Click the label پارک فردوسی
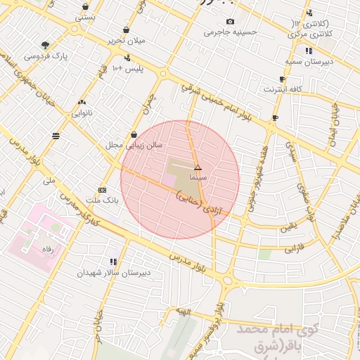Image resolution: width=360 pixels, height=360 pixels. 41,55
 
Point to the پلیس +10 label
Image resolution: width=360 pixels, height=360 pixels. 129,68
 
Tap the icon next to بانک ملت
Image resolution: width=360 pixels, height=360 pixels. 103,190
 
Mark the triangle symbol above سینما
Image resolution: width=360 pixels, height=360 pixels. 198,168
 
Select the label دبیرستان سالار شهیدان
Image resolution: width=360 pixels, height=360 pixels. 105,272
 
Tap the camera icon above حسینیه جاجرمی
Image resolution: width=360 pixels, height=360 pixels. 231,22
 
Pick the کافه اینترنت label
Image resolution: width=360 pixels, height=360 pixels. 282,89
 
